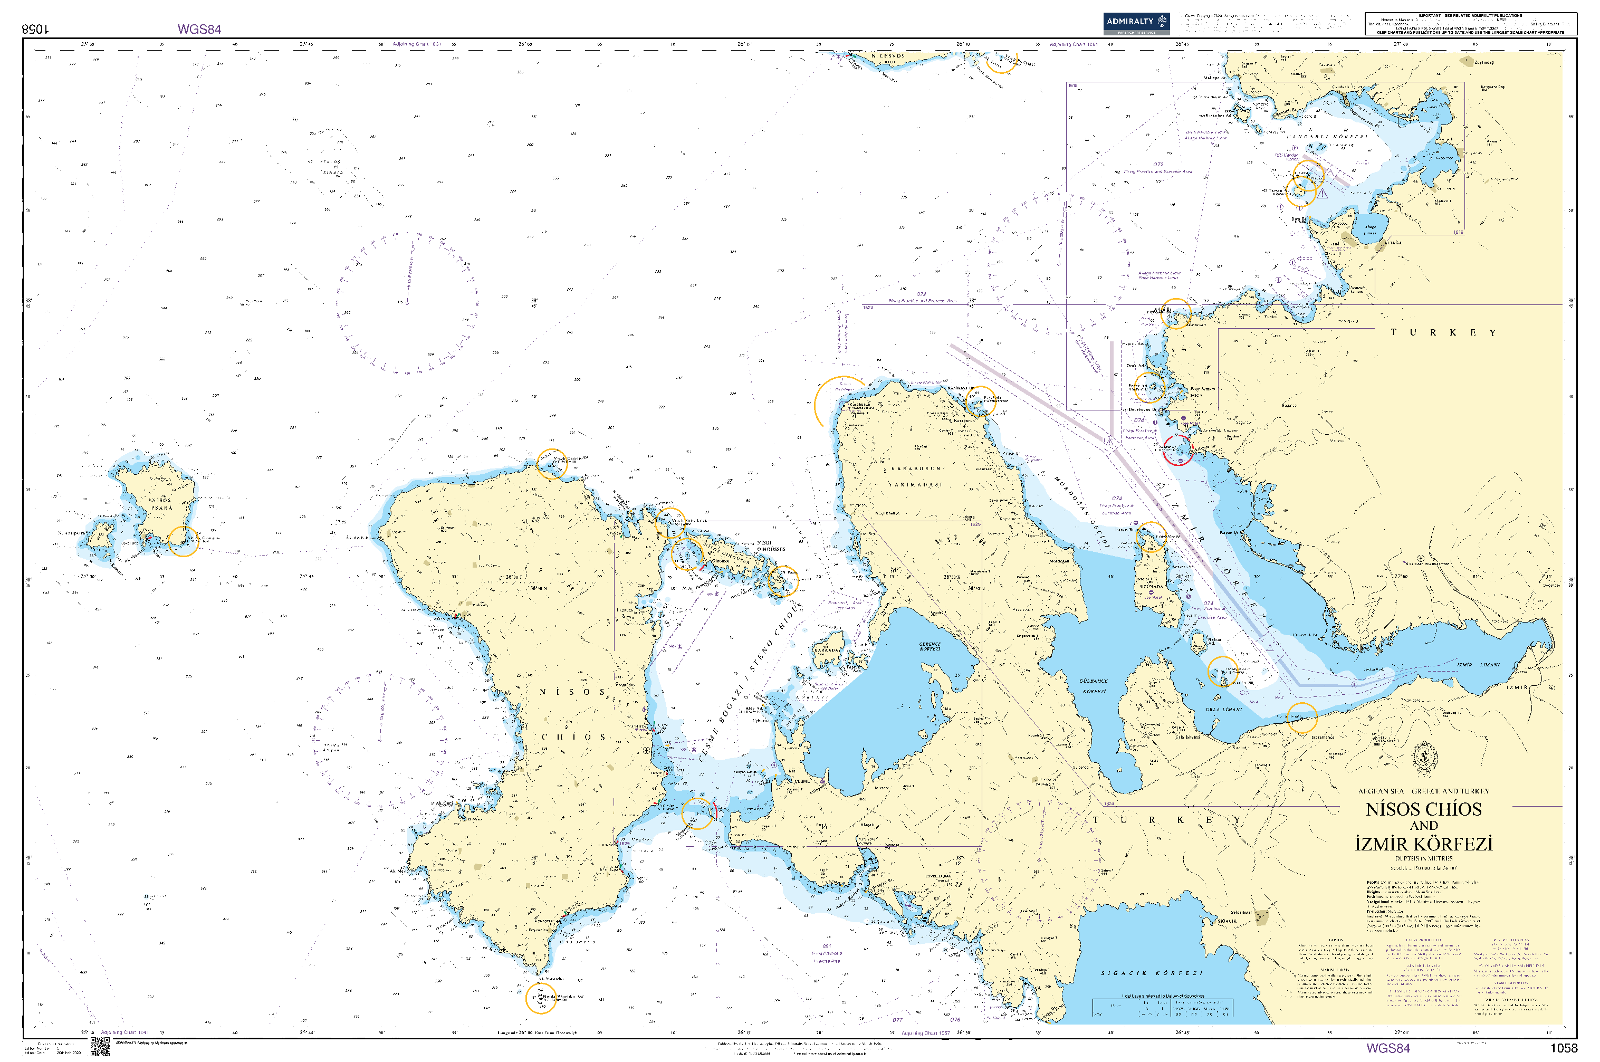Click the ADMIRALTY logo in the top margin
pyautogui.click(x=1135, y=23)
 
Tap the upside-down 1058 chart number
pyautogui.click(x=36, y=29)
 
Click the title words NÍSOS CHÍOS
pyautogui.click(x=1423, y=809)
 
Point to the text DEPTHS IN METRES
pyautogui.click(x=1423, y=858)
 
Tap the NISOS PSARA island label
pyautogui.click(x=161, y=504)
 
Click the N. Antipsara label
pyautogui.click(x=72, y=533)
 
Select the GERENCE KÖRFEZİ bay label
pyautogui.click(x=930, y=646)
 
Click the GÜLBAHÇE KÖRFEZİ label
pyautogui.click(x=1094, y=686)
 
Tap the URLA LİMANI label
pyautogui.click(x=1223, y=710)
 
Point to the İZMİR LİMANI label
pyautogui.click(x=1478, y=665)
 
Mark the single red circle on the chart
pyautogui.click(x=1177, y=449)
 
